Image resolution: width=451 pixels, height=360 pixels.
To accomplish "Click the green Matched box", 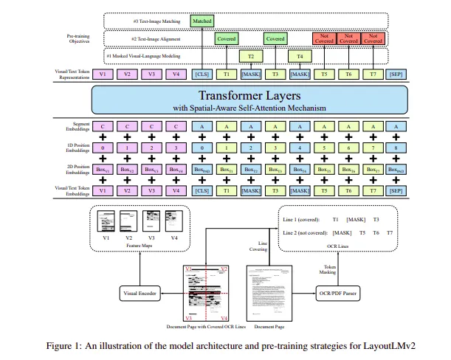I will pyautogui.click(x=202, y=21).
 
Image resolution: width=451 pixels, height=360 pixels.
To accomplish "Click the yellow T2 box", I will pyautogui.click(x=250, y=55).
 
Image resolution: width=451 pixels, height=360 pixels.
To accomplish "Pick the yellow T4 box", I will pyautogui.click(x=299, y=55).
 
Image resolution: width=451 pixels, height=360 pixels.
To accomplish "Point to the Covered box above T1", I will pyautogui.click(x=226, y=38).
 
